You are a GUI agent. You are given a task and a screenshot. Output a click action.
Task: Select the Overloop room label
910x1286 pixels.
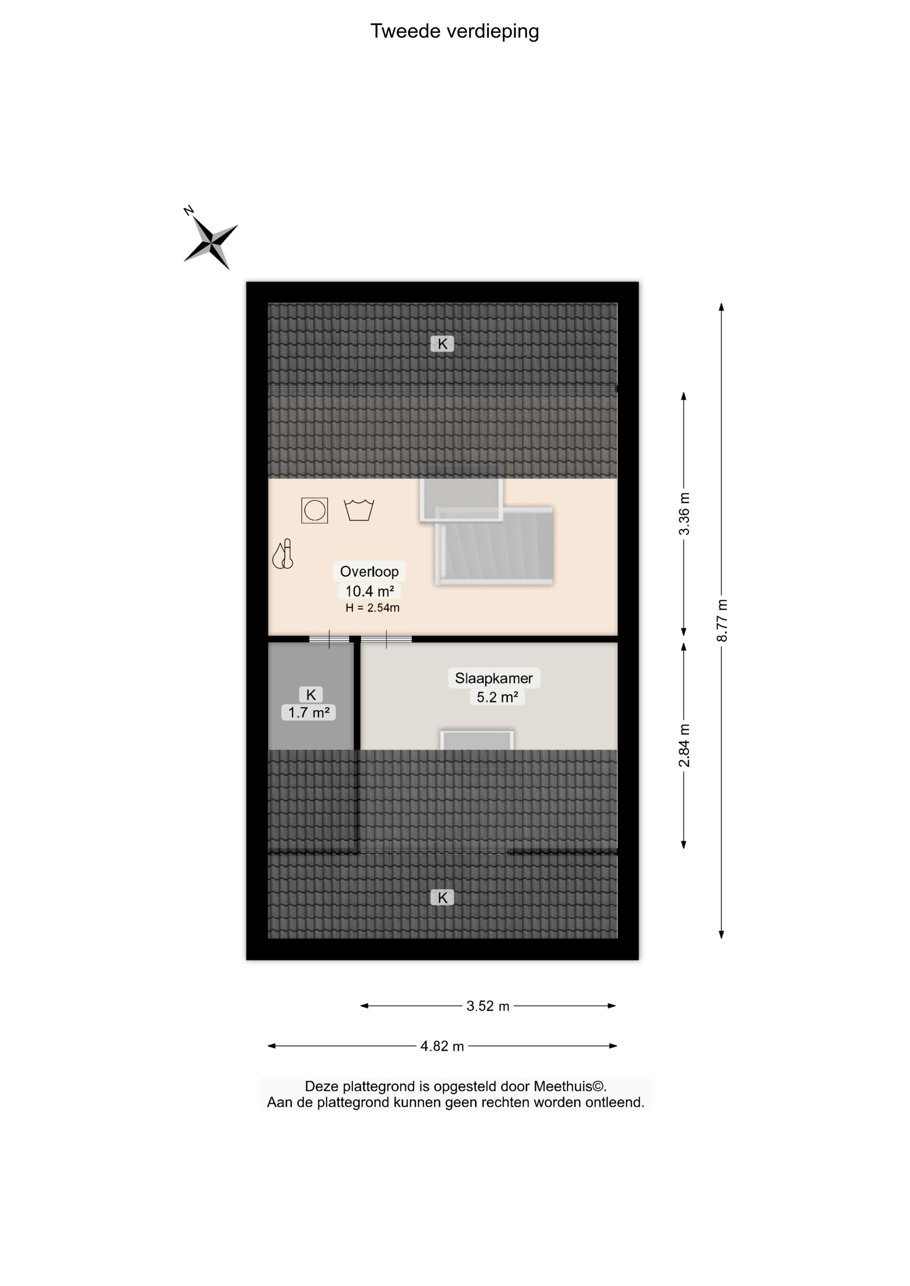pos(369,571)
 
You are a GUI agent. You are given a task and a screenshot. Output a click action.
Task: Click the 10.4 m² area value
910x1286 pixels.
pos(369,591)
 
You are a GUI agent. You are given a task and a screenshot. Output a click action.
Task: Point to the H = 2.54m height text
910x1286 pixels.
pos(372,608)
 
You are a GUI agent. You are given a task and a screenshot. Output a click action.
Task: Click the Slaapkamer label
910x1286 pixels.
pos(494,678)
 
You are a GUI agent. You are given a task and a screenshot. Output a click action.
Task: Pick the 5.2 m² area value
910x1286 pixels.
pos(497,697)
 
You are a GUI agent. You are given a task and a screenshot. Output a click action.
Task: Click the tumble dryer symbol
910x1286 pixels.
pos(314,511)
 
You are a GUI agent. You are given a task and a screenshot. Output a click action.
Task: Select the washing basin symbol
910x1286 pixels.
pos(359,510)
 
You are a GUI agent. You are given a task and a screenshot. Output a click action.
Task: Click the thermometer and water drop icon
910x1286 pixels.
pos(283,554)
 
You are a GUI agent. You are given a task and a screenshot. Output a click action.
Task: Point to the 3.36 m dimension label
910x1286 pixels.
pos(684,514)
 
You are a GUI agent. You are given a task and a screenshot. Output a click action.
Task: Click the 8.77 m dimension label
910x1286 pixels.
pos(722,620)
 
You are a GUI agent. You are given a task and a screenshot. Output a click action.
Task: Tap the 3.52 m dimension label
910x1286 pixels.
pos(487,1007)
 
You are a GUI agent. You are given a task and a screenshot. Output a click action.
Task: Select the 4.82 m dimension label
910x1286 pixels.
pos(442,1046)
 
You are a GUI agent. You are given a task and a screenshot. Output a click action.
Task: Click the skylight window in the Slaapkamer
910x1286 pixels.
pos(477,740)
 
